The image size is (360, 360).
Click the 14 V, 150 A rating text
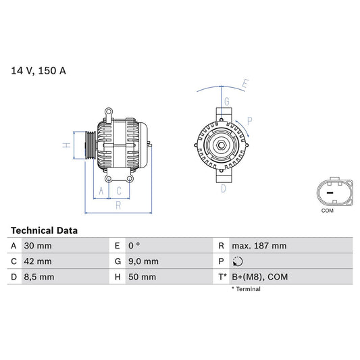click(38, 70)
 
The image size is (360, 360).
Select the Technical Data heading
click(44, 230)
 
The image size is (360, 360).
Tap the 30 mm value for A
click(38, 246)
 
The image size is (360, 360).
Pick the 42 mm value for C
click(38, 261)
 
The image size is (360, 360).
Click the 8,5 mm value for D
click(40, 277)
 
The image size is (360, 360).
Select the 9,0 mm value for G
click(143, 261)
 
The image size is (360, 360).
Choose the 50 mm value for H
click(141, 277)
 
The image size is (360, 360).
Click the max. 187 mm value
click(259, 246)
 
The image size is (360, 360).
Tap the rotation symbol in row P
click(236, 261)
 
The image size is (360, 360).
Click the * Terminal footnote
click(246, 289)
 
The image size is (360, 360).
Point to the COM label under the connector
click(327, 211)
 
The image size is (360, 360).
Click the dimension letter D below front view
click(224, 188)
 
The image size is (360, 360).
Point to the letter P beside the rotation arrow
click(249, 121)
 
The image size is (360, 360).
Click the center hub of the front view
click(220, 143)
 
